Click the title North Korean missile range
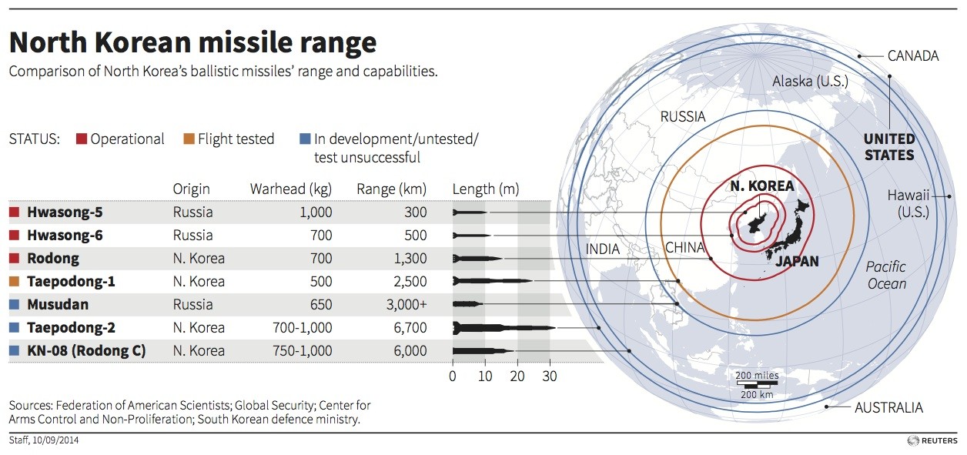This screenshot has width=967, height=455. point(192,42)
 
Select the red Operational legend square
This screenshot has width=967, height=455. point(81,139)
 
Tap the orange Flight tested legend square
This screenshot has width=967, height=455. point(188,139)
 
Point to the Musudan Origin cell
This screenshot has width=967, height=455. point(192,305)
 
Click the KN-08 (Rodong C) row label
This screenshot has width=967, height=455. point(86,351)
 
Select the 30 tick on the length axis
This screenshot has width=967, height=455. point(549,377)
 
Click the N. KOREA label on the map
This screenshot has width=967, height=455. point(762,186)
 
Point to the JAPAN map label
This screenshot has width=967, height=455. point(797,262)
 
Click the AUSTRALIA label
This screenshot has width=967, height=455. point(888,408)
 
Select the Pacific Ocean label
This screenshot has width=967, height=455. point(885,275)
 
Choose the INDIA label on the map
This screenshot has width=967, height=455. point(602,249)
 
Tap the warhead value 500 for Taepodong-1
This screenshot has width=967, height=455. point(321,282)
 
